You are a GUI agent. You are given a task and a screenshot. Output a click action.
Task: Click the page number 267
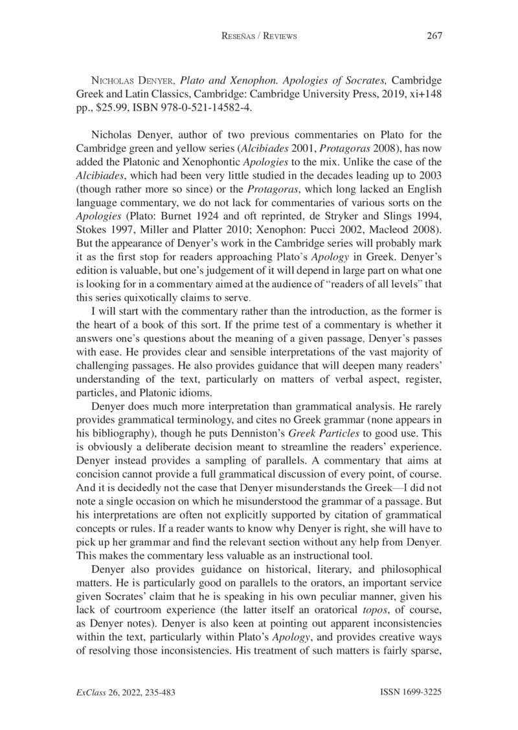point(433,36)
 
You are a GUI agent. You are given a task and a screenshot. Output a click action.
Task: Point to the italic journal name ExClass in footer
point(92,691)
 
